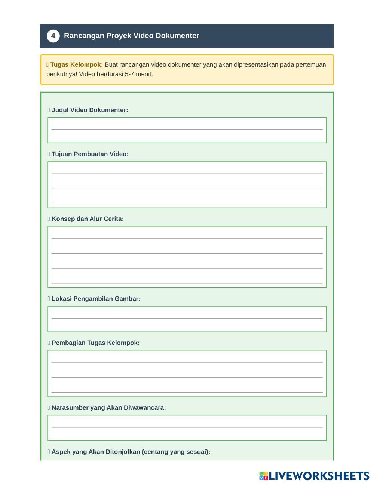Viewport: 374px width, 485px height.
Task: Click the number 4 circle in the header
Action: coord(53,36)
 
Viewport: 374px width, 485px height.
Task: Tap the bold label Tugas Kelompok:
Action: coord(77,64)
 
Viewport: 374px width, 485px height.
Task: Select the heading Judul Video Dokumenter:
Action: coord(90,110)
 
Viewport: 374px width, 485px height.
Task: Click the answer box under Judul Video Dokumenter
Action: coord(187,130)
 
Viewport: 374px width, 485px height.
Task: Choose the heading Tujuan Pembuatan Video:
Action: coord(90,154)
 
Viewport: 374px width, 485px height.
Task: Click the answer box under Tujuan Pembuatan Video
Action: coord(187,184)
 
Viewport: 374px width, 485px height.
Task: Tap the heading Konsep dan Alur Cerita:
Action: coord(88,219)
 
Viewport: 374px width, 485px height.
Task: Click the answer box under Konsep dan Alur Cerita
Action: coord(187,257)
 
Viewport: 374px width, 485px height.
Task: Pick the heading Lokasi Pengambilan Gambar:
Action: coord(96,299)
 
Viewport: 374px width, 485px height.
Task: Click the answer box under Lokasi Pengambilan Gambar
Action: coord(187,319)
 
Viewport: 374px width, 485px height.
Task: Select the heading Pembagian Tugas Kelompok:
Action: coord(95,343)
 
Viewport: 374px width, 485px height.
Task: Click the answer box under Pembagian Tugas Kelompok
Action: coord(187,373)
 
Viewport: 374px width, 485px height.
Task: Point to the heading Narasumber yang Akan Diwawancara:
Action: coord(108,408)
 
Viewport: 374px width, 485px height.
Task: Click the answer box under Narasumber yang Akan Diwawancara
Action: coord(187,428)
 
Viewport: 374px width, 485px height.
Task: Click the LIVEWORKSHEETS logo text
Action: coord(319,476)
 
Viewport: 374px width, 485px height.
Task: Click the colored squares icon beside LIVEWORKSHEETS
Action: coord(264,476)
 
